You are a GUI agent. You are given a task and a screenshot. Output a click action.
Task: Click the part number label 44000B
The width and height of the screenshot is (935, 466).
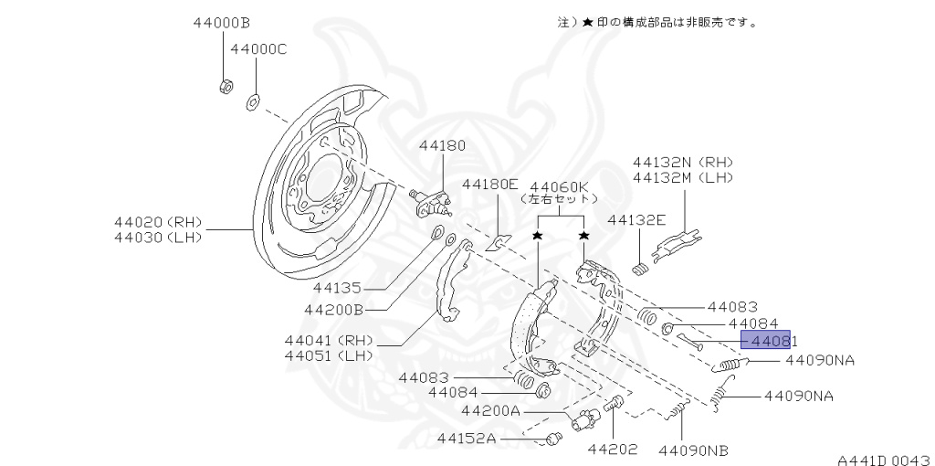[222, 22]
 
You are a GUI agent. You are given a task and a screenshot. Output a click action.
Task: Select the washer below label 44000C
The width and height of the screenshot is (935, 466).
[252, 100]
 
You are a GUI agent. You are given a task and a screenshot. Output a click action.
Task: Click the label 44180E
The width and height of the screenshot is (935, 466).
[489, 184]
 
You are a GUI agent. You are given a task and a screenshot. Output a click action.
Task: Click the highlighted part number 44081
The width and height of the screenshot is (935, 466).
[766, 341]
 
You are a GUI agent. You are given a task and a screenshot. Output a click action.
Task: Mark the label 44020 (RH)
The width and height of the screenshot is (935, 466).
[158, 221]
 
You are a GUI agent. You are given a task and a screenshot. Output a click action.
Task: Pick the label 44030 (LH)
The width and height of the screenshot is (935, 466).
[158, 238]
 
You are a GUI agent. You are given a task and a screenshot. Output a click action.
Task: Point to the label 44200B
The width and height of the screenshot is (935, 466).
[333, 309]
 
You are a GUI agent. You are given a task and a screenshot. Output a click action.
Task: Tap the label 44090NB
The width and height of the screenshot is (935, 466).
[694, 450]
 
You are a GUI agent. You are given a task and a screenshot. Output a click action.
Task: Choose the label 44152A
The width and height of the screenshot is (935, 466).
[466, 439]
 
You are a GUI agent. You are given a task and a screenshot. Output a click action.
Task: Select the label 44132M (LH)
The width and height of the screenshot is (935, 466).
[683, 176]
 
